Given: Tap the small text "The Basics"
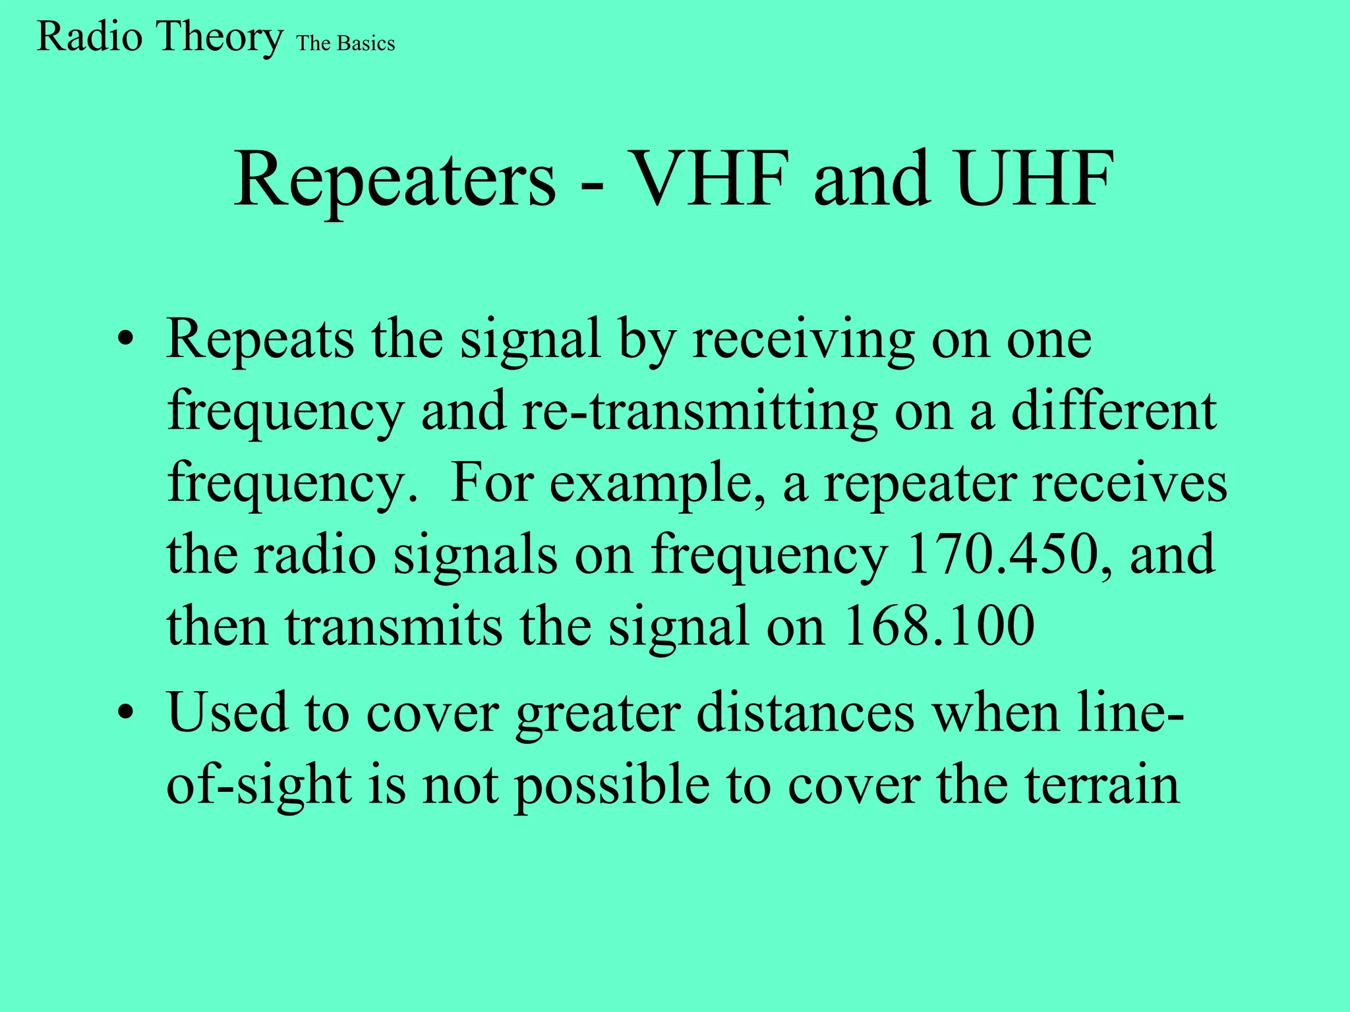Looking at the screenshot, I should point(345,43).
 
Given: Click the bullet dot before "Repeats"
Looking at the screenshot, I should point(125,341).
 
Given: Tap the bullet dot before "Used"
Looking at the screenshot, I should point(125,714).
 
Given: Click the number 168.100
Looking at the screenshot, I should point(939,625).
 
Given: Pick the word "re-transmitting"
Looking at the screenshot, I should point(699,411).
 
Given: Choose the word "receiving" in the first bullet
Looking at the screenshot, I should point(803,340).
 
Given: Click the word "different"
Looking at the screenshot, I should point(1113,411).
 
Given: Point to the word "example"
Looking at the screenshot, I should point(657,484).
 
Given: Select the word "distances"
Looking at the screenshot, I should point(806,713).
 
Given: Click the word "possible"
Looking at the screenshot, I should point(612,785).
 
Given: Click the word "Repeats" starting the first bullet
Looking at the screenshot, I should point(260,340).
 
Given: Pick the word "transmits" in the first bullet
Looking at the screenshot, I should point(394,625).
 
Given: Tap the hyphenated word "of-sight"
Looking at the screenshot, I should point(258,785).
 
